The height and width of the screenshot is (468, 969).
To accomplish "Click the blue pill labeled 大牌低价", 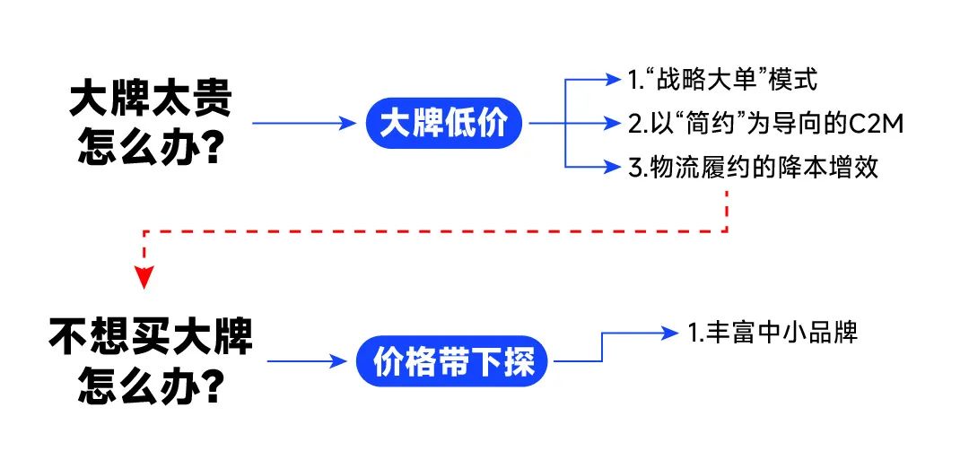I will pyautogui.click(x=443, y=124).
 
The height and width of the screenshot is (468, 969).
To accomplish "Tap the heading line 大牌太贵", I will pyautogui.click(x=151, y=100).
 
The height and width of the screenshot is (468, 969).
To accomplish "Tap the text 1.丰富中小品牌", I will pyautogui.click(x=773, y=332).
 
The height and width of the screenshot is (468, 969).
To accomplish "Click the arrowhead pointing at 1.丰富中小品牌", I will pyautogui.click(x=669, y=333).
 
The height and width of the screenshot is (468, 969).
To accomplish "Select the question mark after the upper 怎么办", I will pyautogui.click(x=210, y=147).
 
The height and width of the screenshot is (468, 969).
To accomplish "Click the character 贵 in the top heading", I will pyautogui.click(x=212, y=100).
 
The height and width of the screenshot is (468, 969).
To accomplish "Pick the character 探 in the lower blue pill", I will pyautogui.click(x=518, y=361).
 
